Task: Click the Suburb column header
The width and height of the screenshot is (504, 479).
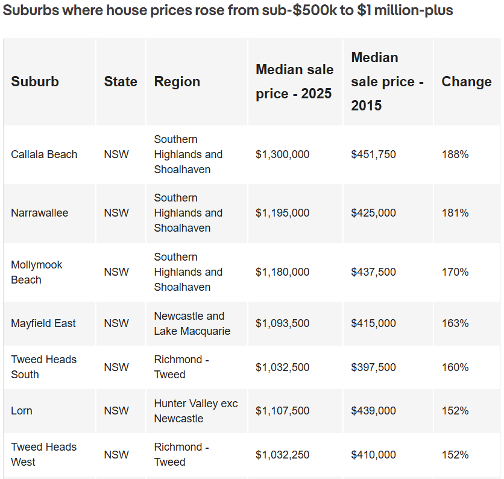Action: pos(35,81)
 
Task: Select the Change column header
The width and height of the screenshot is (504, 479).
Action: pos(466,81)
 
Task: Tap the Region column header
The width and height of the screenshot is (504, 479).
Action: pos(177,81)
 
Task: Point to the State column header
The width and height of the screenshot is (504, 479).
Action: pos(121,81)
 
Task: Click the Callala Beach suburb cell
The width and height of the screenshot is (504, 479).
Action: pos(44,154)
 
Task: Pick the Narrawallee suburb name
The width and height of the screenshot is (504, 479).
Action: pos(40,213)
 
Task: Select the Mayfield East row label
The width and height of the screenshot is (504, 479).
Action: pos(43,323)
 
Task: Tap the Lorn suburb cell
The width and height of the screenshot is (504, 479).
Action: pos(22,411)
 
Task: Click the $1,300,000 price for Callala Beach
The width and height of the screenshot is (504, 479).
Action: pos(282,154)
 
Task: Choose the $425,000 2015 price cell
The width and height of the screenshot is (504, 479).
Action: pos(373,213)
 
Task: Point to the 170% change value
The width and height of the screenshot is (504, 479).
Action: pos(455,272)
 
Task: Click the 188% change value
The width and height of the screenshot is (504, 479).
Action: pos(455,154)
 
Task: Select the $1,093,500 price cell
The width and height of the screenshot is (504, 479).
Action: pos(282,323)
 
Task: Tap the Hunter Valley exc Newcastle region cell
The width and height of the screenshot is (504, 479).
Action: pos(195,411)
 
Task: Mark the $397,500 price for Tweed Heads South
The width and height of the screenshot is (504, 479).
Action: pos(373,367)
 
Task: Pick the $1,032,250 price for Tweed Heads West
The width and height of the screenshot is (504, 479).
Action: pos(282,455)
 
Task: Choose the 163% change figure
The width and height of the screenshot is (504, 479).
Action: pos(455,323)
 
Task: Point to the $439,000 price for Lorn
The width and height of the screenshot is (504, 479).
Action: pos(373,411)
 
